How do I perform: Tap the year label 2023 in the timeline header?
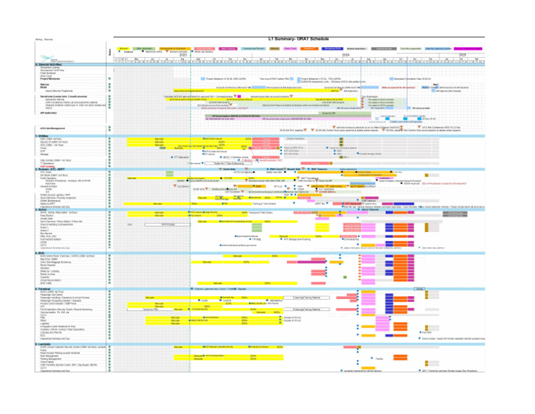point(183,54)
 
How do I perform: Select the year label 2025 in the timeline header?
point(461,54)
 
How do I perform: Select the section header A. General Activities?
point(49,64)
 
